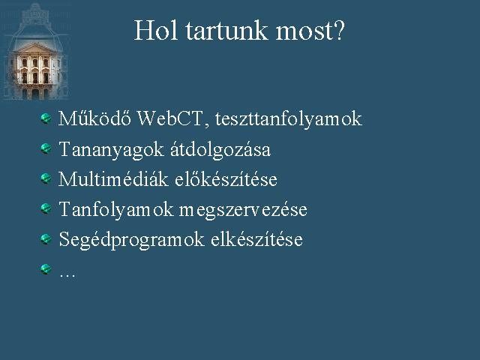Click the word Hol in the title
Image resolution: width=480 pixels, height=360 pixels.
pyautogui.click(x=156, y=30)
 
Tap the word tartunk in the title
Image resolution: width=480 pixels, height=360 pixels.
pyautogui.click(x=226, y=31)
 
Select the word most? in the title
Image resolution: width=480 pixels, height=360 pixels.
pyautogui.click(x=310, y=31)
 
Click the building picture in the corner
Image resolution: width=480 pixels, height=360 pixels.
pyautogui.click(x=35, y=52)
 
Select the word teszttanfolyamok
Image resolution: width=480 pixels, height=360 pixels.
pyautogui.click(x=288, y=119)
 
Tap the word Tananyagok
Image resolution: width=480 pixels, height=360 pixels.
pyautogui.click(x=111, y=150)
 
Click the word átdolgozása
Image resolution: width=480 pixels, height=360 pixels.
pyautogui.click(x=220, y=149)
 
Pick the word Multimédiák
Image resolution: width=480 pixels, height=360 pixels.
pyautogui.click(x=113, y=178)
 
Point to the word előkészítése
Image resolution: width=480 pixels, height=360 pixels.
pyautogui.click(x=226, y=178)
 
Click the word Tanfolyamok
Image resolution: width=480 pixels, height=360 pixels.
pyautogui.click(x=116, y=210)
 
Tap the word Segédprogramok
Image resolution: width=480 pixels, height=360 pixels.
pyautogui.click(x=131, y=240)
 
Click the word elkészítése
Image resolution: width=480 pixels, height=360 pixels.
pyautogui.click(x=256, y=239)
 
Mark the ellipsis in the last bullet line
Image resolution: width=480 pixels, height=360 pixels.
pyautogui.click(x=67, y=275)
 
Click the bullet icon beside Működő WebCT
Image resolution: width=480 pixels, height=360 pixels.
pyautogui.click(x=46, y=118)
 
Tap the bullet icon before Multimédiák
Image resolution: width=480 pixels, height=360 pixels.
pyautogui.click(x=46, y=178)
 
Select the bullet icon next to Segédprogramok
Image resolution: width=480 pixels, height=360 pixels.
pyautogui.click(x=46, y=238)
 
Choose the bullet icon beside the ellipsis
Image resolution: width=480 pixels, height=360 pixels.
pyautogui.click(x=46, y=269)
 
